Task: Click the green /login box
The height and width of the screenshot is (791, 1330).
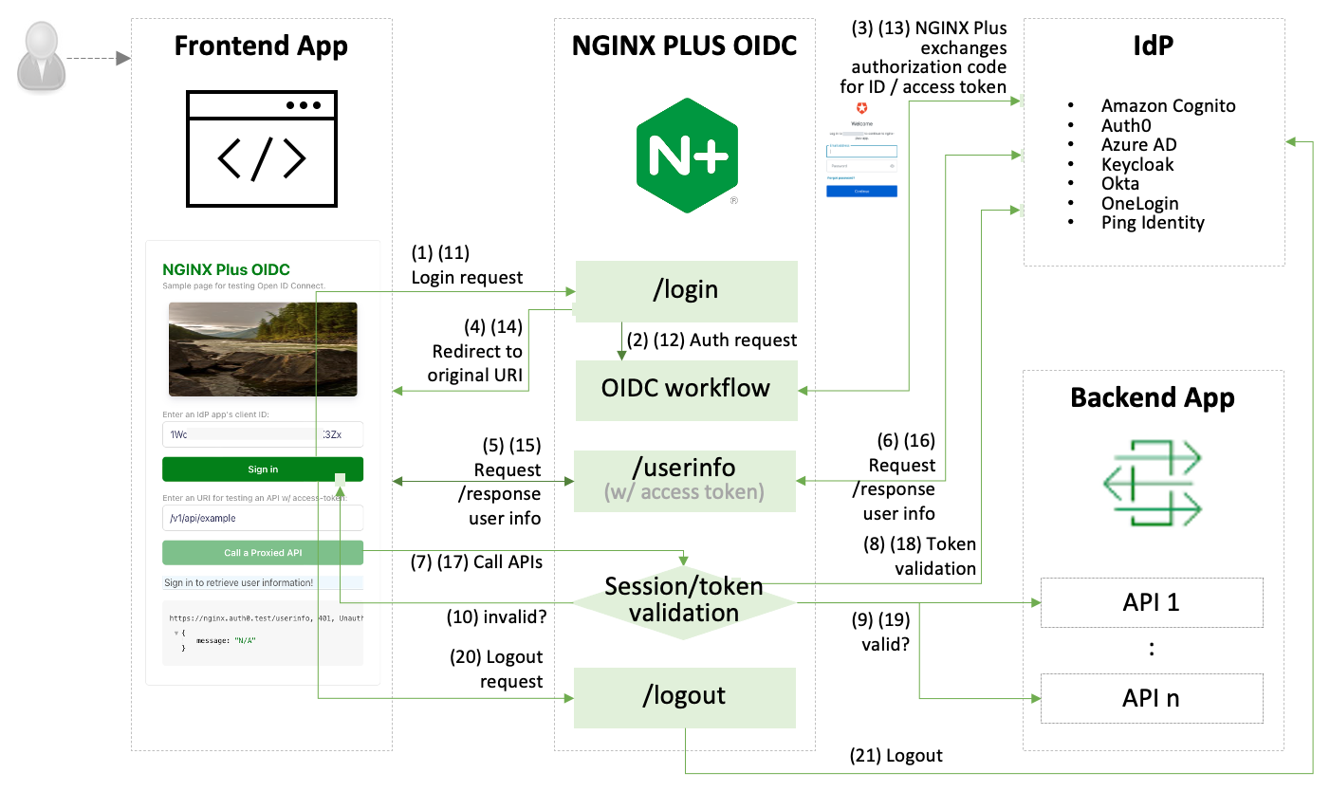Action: click(686, 291)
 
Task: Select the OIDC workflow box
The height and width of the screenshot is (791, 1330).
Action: click(686, 389)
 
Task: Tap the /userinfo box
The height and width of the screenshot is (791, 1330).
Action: click(686, 479)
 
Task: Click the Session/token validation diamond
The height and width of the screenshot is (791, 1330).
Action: click(684, 599)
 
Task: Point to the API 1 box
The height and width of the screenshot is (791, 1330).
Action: click(1152, 602)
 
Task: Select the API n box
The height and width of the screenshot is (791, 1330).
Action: click(1152, 698)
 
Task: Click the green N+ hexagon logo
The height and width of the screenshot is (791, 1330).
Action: click(688, 154)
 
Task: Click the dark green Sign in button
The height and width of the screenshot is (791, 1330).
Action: click(263, 469)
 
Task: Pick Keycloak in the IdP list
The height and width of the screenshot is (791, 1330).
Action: click(1137, 164)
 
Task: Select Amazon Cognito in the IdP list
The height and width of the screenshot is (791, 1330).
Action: click(1168, 106)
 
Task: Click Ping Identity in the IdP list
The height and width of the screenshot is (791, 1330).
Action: click(1153, 223)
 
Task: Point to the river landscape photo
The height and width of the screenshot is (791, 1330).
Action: click(263, 348)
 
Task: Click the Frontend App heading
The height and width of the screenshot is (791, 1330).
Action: click(261, 46)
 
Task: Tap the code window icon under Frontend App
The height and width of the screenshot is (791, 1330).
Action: click(261, 148)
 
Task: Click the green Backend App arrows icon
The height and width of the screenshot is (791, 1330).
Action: click(1153, 486)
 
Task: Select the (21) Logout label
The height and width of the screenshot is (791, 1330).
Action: click(896, 756)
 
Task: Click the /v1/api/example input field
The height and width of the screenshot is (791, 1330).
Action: click(263, 518)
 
